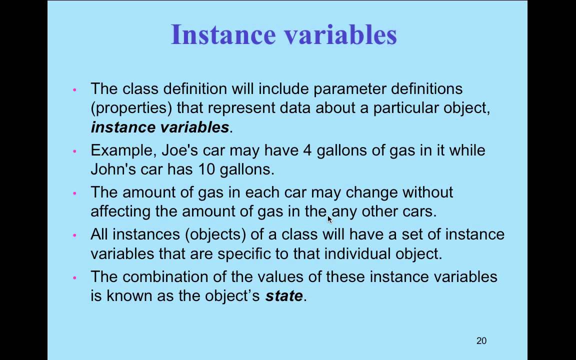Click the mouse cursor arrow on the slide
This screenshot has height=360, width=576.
pyautogui.click(x=329, y=218)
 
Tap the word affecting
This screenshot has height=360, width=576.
pyautogui.click(x=120, y=211)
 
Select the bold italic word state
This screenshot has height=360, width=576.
pyautogui.click(x=283, y=296)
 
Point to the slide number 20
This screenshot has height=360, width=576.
pyautogui.click(x=481, y=341)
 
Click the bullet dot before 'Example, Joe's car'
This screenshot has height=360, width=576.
pyautogui.click(x=74, y=151)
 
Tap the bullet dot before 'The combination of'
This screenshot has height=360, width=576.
pyautogui.click(x=74, y=277)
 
